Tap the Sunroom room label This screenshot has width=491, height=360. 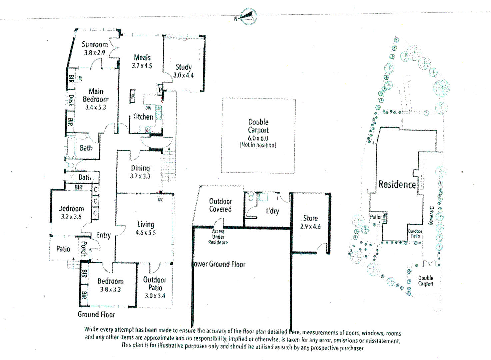coord(95,44)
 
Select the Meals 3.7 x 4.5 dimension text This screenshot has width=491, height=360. coord(142,66)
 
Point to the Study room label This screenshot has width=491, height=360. coord(184,67)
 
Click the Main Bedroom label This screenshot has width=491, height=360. coord(96,95)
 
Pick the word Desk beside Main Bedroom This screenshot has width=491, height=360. coord(71,100)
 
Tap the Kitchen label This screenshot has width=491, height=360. coord(143,117)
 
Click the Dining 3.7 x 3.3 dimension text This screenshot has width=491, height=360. coord(140,176)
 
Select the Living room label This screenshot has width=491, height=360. coord(146,224)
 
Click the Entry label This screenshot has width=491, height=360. coord(103,235)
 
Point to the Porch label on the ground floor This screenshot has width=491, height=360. coord(84,249)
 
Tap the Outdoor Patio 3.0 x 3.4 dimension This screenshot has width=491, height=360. coord(155,296)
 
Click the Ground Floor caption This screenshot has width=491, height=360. coord(96,314)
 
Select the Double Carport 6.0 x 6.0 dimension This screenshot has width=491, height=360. coord(258,138)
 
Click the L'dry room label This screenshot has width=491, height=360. coord(272,211)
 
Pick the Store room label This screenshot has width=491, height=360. coord(310,218)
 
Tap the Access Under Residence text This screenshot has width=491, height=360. coord(218,237)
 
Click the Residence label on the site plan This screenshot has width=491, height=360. coord(397,184)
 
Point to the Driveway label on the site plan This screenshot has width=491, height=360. coord(431,216)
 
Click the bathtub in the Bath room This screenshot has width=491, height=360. coord(71,148)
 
